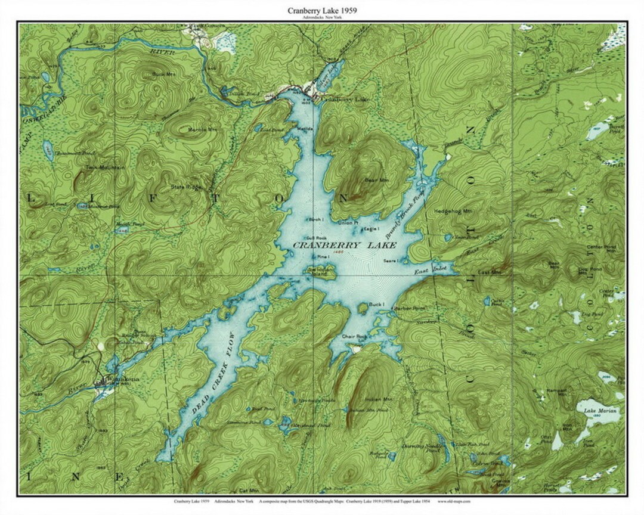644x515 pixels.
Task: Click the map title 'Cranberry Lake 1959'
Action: click(322, 11)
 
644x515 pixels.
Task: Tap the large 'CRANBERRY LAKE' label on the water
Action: click(336, 245)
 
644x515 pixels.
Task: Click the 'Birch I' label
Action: click(316, 219)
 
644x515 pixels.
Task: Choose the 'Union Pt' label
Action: click(348, 223)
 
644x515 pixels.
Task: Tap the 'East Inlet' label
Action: click(430, 272)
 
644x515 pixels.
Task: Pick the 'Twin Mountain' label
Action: click(106, 168)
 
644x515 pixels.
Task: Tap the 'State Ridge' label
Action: click(187, 187)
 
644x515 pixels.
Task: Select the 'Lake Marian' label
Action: click(601, 411)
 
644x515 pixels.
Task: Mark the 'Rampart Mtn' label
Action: click(556, 393)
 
